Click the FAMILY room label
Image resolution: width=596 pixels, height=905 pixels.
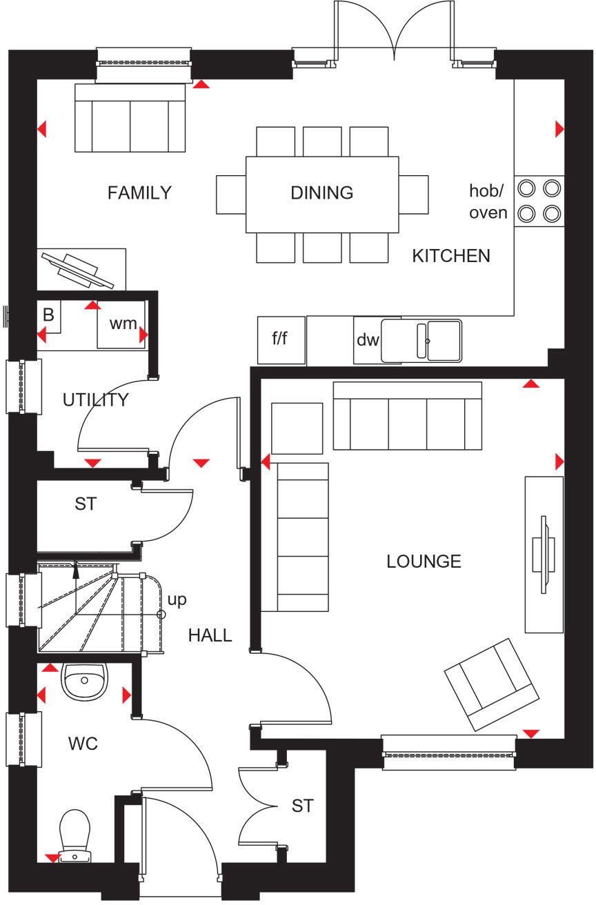pyautogui.click(x=139, y=193)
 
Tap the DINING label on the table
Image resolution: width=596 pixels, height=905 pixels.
pyautogui.click(x=321, y=193)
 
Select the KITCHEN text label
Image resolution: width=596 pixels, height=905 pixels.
pyautogui.click(x=451, y=256)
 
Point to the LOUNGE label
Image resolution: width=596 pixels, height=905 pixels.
pyautogui.click(x=424, y=561)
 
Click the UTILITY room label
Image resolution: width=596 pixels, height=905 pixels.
pyautogui.click(x=95, y=400)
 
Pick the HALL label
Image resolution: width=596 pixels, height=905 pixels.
pyautogui.click(x=210, y=635)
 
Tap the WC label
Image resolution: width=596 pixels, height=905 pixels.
pyautogui.click(x=83, y=744)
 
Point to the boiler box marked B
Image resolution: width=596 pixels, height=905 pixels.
pyautogui.click(x=48, y=315)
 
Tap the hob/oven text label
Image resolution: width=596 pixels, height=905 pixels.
pyautogui.click(x=488, y=201)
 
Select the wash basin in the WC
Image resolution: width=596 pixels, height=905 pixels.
pyautogui.click(x=83, y=680)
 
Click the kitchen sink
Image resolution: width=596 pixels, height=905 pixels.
pyautogui.click(x=421, y=340)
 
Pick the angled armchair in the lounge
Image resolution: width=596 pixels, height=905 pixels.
pyautogui.click(x=491, y=684)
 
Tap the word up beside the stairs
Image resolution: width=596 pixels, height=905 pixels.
pyautogui.click(x=177, y=600)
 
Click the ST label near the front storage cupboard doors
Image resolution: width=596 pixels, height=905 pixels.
pyautogui.click(x=302, y=806)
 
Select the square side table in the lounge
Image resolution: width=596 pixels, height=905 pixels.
pyautogui.click(x=297, y=428)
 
